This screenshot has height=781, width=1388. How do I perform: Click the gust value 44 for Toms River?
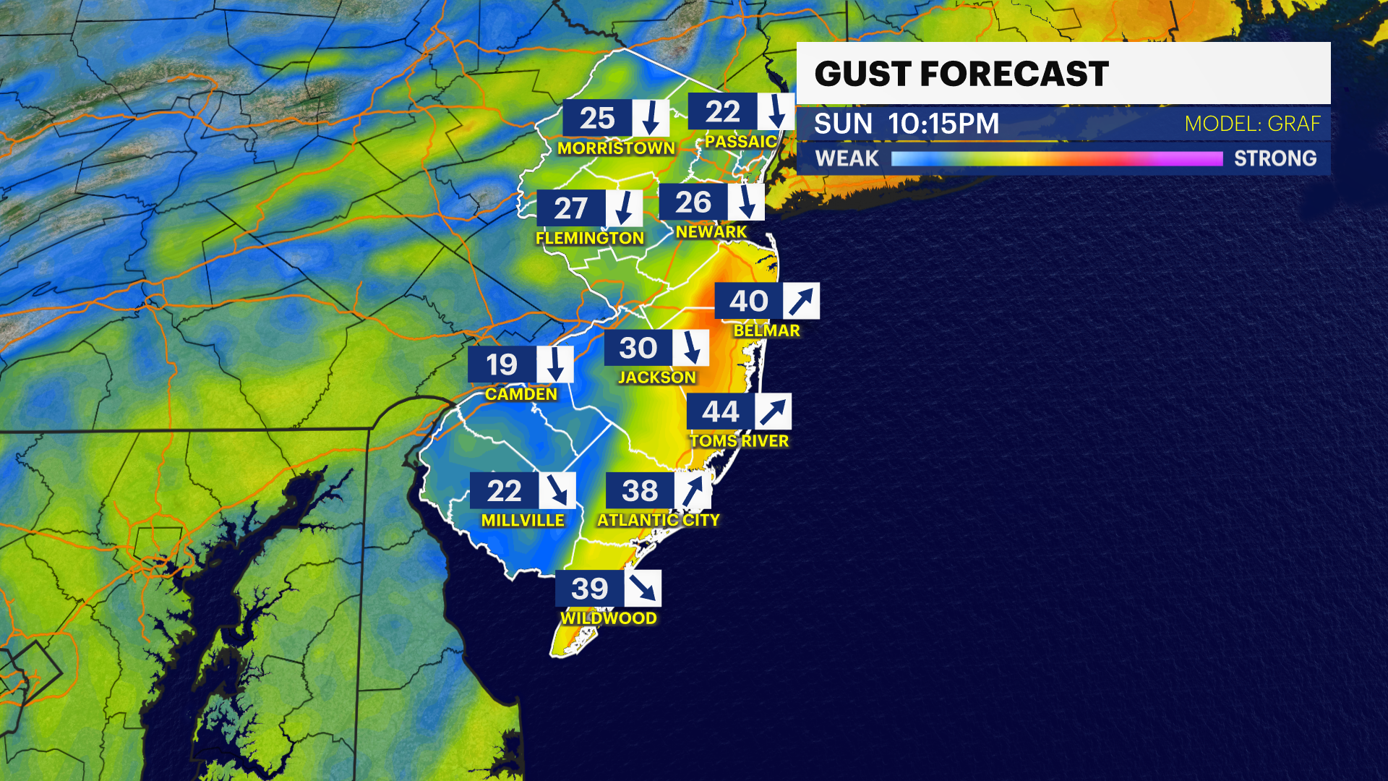tap(720, 411)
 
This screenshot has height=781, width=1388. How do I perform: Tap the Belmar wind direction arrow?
tap(801, 301)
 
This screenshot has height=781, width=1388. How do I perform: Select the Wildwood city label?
tap(609, 618)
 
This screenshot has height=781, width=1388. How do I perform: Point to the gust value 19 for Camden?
tap(502, 364)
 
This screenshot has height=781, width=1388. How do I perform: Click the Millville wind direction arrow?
tap(557, 490)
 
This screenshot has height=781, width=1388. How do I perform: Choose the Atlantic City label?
tap(658, 520)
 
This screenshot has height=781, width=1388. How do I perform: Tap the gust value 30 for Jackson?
tap(638, 348)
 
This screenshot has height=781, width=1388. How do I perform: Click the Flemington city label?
tap(589, 238)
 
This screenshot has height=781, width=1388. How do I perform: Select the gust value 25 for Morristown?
tap(597, 118)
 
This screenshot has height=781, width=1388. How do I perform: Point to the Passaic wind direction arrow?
tap(776, 111)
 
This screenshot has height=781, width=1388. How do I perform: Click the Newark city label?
tap(711, 231)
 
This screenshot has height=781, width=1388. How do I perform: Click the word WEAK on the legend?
tap(847, 158)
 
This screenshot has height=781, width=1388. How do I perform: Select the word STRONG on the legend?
tap(1275, 158)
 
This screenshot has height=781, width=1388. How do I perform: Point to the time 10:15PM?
tap(943, 124)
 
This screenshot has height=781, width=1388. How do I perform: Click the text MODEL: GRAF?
tap(1252, 124)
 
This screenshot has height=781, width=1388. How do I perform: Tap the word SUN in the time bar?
tap(843, 124)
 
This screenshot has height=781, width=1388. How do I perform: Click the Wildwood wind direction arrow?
tap(642, 588)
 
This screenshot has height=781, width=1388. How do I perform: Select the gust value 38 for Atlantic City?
tap(640, 490)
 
